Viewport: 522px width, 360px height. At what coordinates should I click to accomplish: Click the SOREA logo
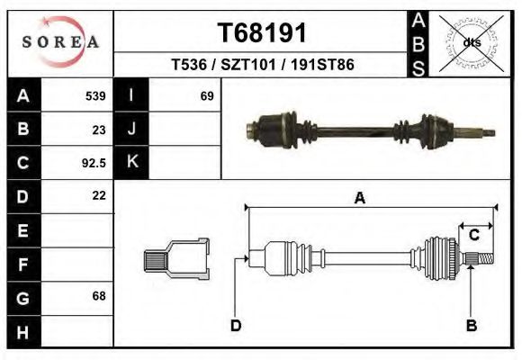pos(60,42)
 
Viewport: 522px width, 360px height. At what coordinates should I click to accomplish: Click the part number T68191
pos(263,33)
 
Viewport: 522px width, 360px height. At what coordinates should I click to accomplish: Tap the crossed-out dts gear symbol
pos(472,42)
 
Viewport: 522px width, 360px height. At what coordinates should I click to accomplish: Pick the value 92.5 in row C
pos(93,163)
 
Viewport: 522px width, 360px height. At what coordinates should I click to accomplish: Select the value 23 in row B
pos(99,130)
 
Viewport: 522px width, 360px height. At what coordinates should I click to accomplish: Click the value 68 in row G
pos(99,296)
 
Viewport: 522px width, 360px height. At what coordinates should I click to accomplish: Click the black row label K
pos(131,163)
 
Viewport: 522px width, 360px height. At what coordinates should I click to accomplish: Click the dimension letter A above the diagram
pos(359,199)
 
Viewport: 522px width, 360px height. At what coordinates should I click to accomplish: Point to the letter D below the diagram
pos(236,325)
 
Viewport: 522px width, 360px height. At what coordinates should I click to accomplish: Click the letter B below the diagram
pos(471,325)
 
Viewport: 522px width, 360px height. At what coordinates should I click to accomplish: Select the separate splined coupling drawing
pos(176,260)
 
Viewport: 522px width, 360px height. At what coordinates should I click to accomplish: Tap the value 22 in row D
pos(99,195)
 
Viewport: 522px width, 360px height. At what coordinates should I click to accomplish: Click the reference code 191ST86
pos(322,66)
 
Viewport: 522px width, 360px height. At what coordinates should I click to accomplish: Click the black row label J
pos(131,130)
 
